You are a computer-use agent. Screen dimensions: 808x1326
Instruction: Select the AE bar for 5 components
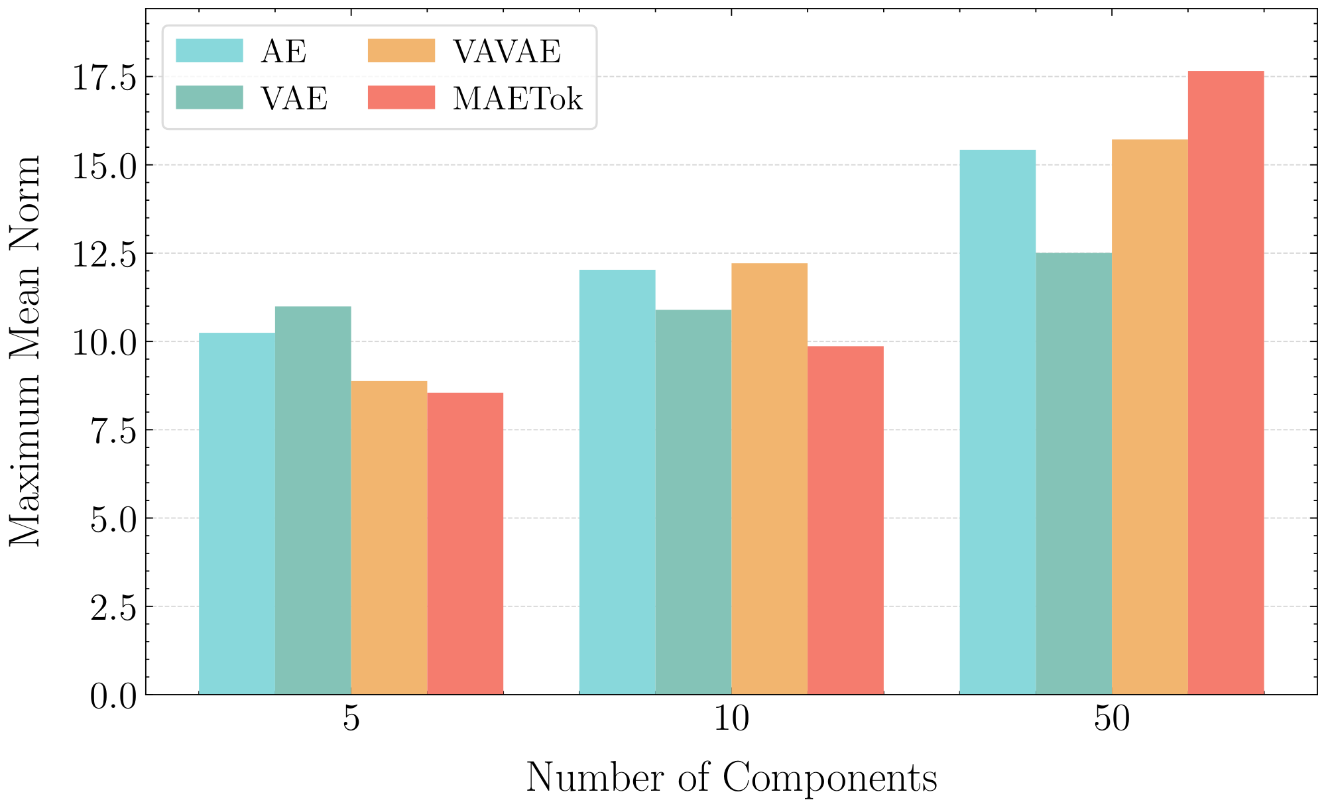[237, 514]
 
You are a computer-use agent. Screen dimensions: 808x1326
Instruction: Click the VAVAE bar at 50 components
[1150, 418]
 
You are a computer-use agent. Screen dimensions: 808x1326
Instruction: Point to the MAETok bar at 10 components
[845, 520]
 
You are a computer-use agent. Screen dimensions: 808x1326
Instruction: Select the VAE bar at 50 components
[1073, 474]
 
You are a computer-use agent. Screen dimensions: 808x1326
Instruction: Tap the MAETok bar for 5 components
[465, 544]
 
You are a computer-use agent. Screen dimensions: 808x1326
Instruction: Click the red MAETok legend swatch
[401, 97]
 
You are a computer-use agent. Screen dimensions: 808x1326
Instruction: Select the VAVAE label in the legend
[507, 52]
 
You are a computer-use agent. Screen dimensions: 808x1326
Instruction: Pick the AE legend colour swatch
[209, 50]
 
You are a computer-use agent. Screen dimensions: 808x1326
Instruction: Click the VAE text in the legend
[294, 99]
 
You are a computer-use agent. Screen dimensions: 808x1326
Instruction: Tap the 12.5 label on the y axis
[103, 254]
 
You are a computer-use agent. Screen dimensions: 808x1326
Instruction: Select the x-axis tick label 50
[1112, 720]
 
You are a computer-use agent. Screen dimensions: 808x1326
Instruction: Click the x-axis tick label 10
[731, 720]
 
